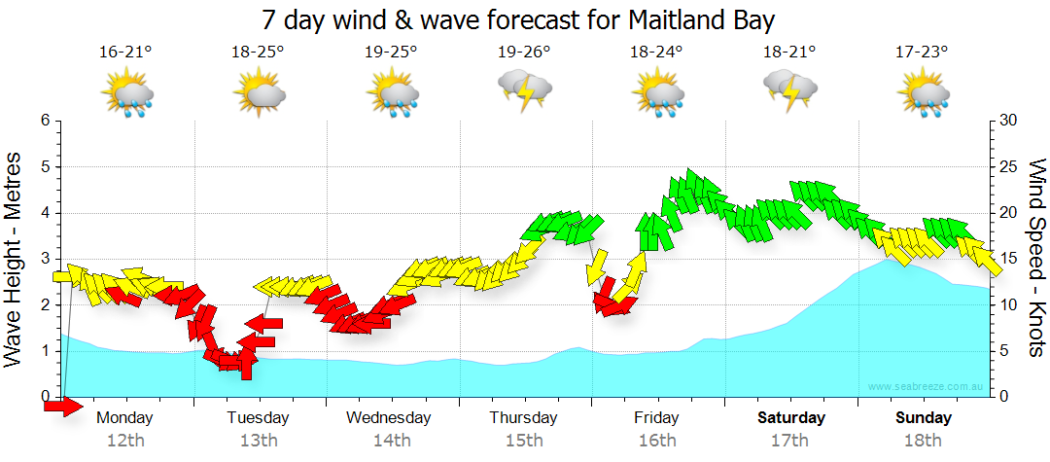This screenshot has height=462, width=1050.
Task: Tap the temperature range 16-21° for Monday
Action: pyautogui.click(x=126, y=53)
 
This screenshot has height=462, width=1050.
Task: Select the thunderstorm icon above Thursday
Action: pyautogui.click(x=525, y=90)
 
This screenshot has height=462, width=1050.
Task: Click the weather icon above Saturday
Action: pyautogui.click(x=789, y=90)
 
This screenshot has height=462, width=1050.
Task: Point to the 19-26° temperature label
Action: pyautogui.click(x=524, y=53)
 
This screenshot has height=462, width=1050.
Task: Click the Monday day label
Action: pyautogui.click(x=125, y=418)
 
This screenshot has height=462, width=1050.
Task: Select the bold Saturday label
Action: pyautogui.click(x=791, y=418)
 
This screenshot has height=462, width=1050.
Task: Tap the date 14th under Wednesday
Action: pyautogui.click(x=391, y=441)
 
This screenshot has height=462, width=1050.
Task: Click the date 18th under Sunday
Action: pyautogui.click(x=924, y=441)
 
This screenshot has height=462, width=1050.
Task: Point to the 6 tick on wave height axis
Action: pyautogui.click(x=44, y=121)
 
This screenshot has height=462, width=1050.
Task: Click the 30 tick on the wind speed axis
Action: pyautogui.click(x=1009, y=121)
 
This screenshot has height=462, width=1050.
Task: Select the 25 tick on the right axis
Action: pyautogui.click(x=1009, y=167)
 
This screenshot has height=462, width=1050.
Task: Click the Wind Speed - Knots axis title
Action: pyautogui.click(x=1036, y=258)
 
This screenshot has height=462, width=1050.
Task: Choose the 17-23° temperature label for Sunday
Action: pyautogui.click(x=922, y=53)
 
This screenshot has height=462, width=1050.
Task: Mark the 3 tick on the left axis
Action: pyautogui.click(x=44, y=259)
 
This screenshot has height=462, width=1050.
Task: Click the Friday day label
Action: pyautogui.click(x=656, y=418)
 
